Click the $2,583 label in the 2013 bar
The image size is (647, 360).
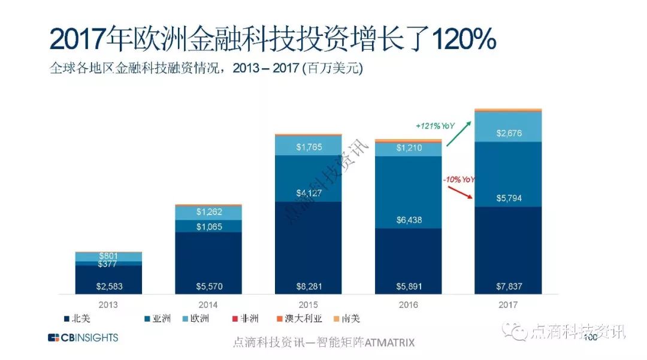109,286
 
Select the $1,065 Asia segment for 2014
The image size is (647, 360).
208,226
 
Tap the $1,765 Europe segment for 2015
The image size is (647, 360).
309,146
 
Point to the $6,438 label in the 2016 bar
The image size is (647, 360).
409,220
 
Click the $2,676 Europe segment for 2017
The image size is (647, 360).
509,133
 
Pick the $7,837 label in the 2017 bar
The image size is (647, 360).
509,286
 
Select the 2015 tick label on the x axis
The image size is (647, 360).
309,305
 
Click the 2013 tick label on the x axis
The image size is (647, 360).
109,305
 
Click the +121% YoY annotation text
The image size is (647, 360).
435,126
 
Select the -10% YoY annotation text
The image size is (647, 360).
459,179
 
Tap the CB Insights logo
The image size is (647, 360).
83,338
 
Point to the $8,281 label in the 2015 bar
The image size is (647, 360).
309,286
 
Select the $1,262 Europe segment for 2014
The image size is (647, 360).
208,212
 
